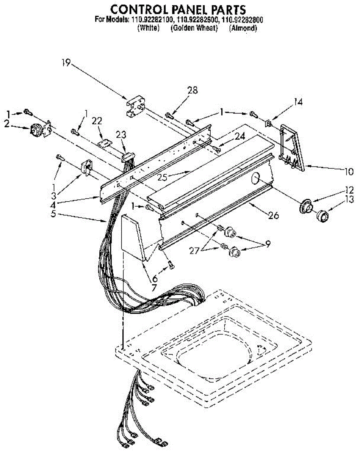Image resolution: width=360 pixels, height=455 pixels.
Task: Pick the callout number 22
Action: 97,120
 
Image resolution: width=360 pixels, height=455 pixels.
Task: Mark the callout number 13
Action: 349,200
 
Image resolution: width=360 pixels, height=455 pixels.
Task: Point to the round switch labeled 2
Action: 36,129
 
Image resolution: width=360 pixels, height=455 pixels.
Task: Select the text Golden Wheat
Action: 194,28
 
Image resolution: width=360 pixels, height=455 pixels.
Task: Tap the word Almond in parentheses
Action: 243,28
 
